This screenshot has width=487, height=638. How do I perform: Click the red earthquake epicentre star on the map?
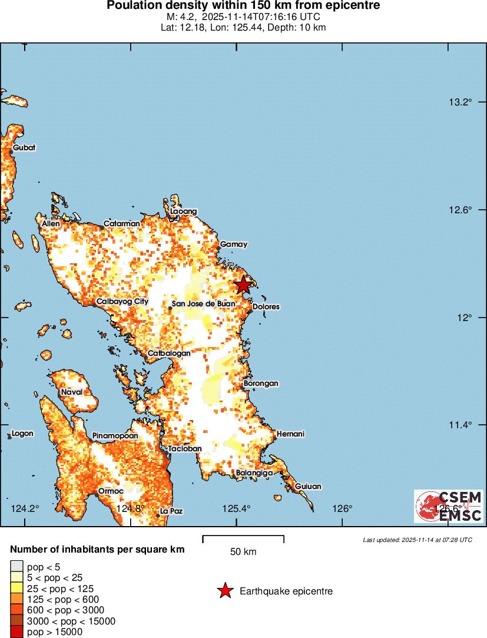(x=243, y=285)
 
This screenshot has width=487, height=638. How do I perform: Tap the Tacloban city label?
(x=185, y=449)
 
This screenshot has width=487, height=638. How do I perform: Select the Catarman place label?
(x=122, y=224)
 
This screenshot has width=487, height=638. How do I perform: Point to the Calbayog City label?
(x=122, y=302)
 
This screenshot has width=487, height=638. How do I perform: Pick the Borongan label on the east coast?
(x=261, y=384)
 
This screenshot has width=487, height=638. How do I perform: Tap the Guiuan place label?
(x=308, y=487)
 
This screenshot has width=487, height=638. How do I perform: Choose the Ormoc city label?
(x=110, y=491)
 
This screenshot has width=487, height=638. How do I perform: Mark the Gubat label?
(x=24, y=147)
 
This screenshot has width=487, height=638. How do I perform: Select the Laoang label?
(x=183, y=211)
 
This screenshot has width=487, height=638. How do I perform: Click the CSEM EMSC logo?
(x=448, y=506)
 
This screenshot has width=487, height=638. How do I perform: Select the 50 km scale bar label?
(x=243, y=552)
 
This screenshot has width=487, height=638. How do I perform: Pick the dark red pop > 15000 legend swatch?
(x=17, y=632)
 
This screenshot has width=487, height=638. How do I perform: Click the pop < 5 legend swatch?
(x=17, y=567)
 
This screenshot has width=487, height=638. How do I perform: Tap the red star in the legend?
(x=225, y=591)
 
